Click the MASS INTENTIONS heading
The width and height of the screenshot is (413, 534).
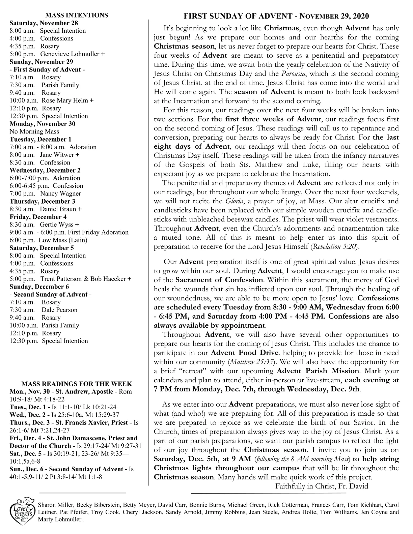(77, 15)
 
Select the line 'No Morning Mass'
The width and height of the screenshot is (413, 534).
(34, 131)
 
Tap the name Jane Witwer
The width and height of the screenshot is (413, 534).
(57, 155)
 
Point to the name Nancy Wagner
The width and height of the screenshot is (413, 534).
(60, 194)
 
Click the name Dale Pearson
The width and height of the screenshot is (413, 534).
(59, 310)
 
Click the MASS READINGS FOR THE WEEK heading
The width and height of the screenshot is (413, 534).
(77, 384)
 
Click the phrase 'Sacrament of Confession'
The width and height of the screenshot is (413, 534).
(219, 280)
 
